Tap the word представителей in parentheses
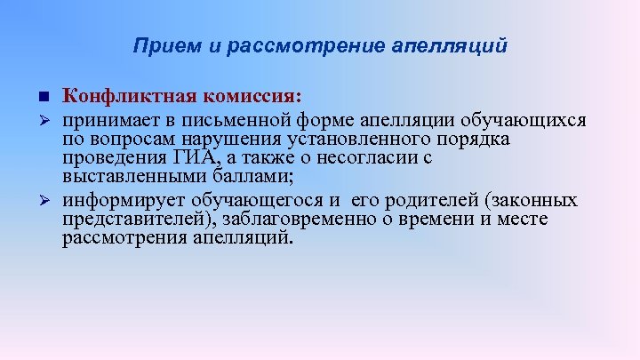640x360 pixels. coord(128,219)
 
